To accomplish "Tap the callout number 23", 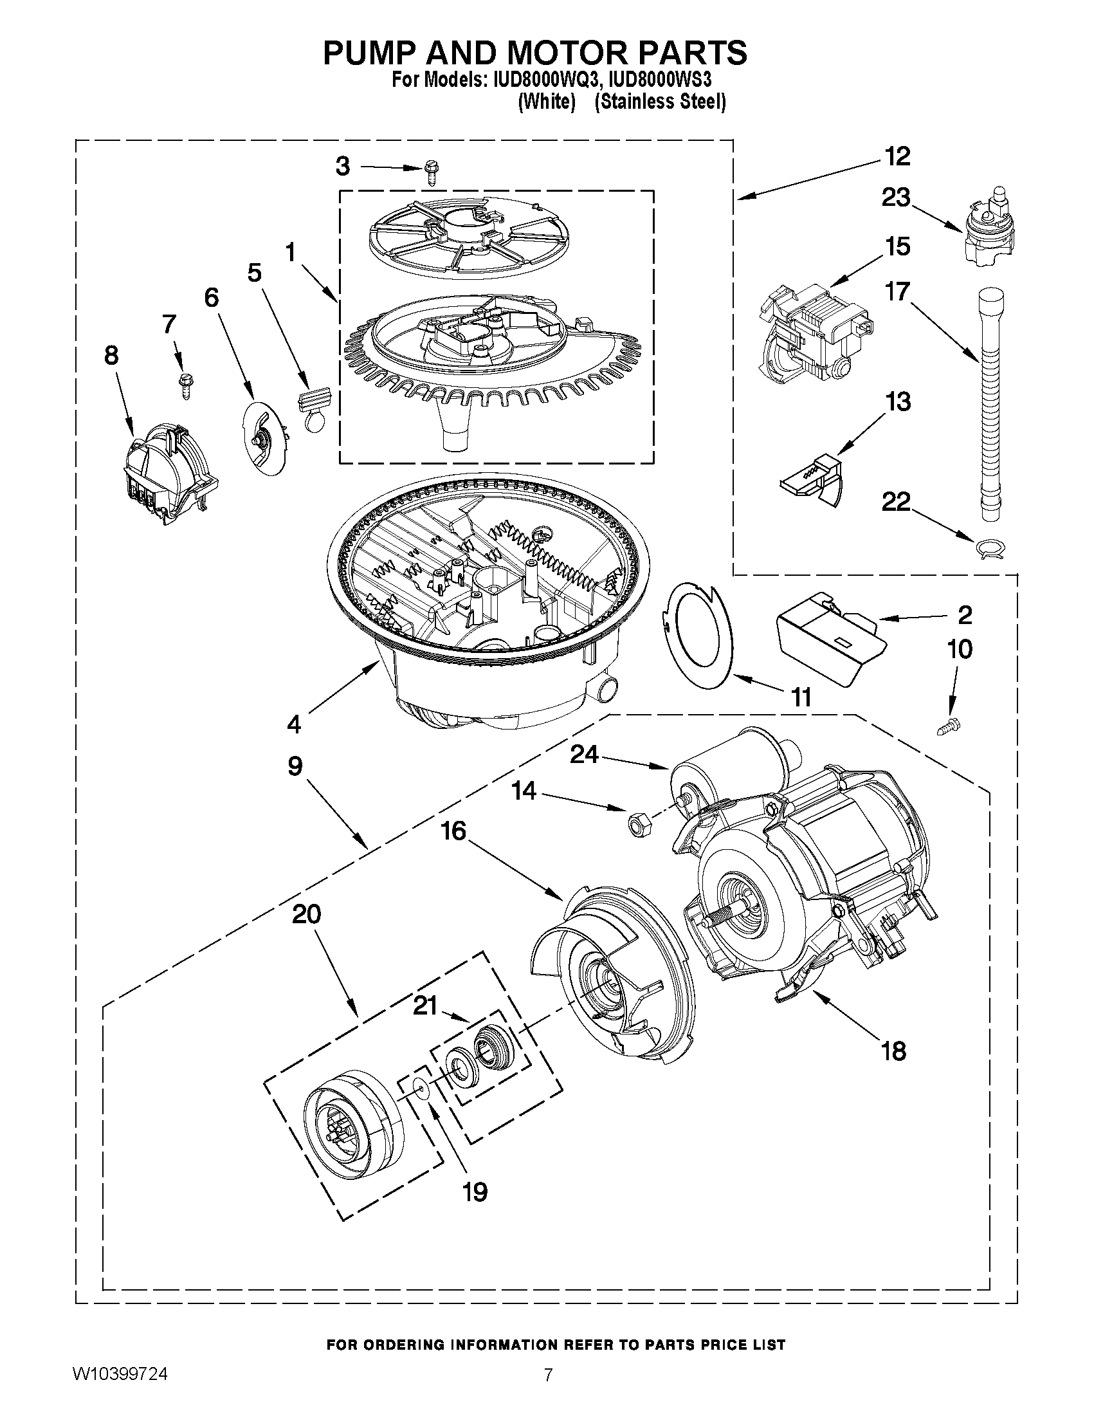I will coord(896,198).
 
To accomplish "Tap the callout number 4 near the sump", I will coord(294,724).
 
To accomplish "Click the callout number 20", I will coord(307,914).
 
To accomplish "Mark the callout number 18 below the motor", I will coord(894,1051).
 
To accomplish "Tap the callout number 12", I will coord(898,156).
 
